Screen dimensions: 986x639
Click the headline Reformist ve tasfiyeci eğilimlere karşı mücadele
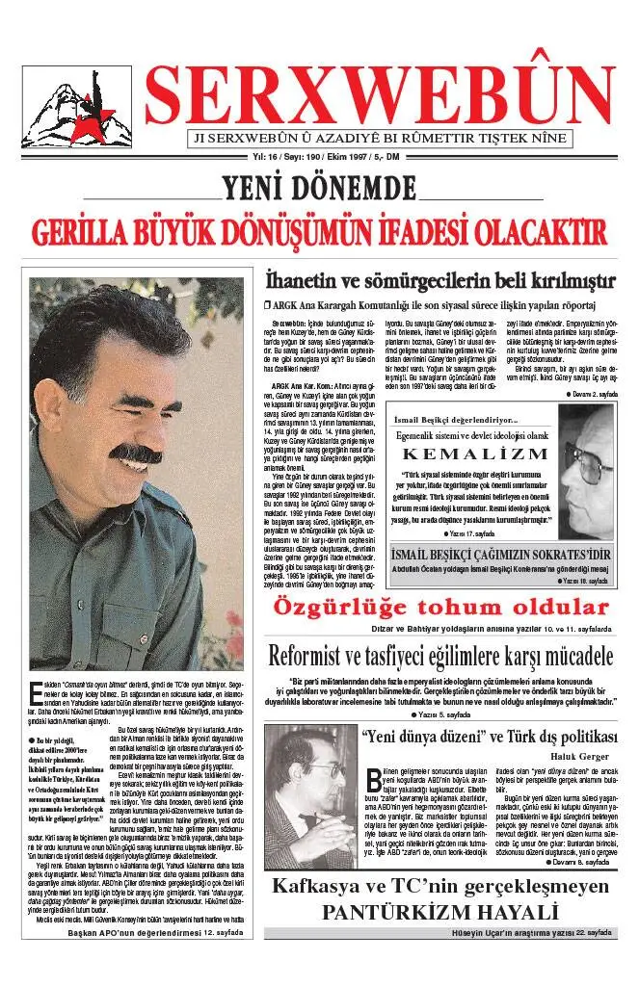[440, 657]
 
